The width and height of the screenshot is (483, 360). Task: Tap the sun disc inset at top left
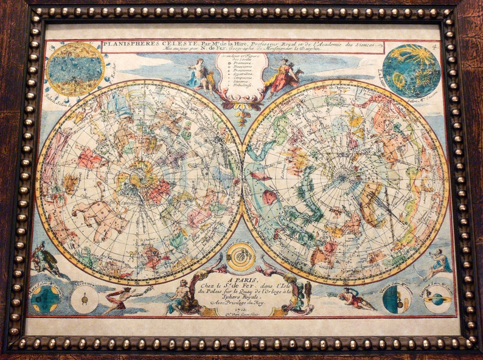coord(75,69)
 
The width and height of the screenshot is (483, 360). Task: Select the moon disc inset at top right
coord(411,71)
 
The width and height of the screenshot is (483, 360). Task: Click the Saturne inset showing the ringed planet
coord(438,299)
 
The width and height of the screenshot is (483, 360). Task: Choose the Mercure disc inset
coord(85,299)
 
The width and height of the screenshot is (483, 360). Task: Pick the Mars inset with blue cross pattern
coord(45,299)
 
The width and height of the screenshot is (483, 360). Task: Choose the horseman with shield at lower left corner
coord(46,258)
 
